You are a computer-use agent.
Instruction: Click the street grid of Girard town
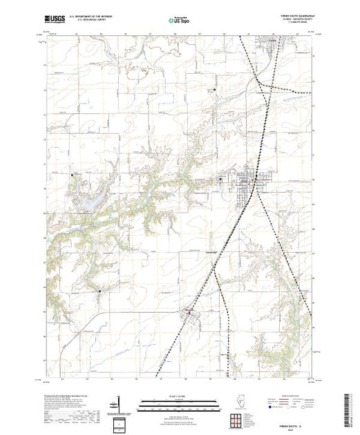pyautogui.click(x=243, y=185)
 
